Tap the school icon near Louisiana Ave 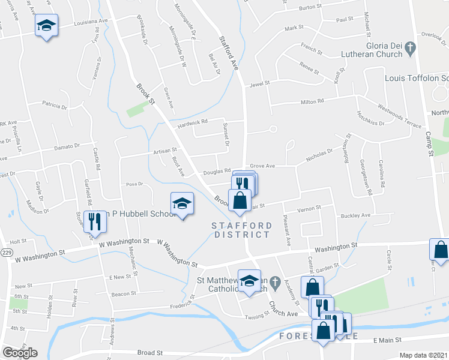click(x=46, y=26)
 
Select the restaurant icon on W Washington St click(x=95, y=221)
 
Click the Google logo click(x=20, y=353)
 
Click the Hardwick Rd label click(x=192, y=122)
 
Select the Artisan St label click(x=166, y=151)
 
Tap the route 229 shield click(x=5, y=238)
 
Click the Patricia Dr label click(x=55, y=106)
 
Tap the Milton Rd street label click(x=312, y=101)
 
